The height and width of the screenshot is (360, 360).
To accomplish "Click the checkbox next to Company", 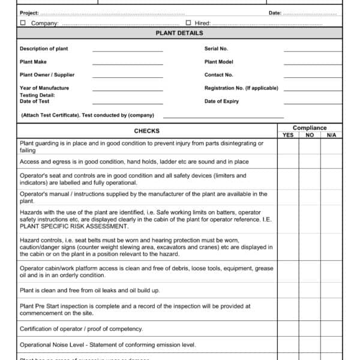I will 23,23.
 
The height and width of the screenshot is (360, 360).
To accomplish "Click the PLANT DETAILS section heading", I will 179,33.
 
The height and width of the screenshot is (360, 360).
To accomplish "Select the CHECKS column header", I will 146,131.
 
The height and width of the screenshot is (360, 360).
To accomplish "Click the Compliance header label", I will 310,128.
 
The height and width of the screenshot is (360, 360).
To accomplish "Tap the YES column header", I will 288,136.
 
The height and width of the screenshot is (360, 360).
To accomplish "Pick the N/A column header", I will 331,136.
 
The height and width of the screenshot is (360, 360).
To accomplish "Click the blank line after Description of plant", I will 127,49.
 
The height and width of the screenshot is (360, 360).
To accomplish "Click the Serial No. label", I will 216,49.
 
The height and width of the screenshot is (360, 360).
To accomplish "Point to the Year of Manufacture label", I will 44,88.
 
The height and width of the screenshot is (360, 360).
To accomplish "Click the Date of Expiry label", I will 221,101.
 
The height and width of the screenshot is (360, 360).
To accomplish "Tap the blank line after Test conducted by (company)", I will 223,116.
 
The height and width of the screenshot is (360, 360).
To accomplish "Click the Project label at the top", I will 29,13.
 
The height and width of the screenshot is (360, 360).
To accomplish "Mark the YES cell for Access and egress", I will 288,162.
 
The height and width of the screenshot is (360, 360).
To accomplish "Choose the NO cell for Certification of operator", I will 310,329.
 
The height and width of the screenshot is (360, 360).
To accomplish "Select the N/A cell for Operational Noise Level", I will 331,345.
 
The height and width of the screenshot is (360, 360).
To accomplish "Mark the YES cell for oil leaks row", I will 288,290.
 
